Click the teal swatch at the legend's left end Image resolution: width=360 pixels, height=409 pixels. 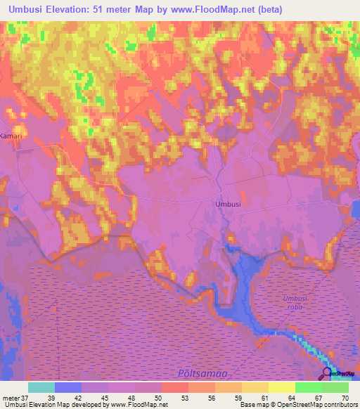point(41,387)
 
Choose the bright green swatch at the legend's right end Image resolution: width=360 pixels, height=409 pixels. point(335,387)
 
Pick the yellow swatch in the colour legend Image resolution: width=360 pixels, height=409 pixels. point(282,387)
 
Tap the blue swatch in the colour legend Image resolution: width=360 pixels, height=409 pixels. point(68,387)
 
